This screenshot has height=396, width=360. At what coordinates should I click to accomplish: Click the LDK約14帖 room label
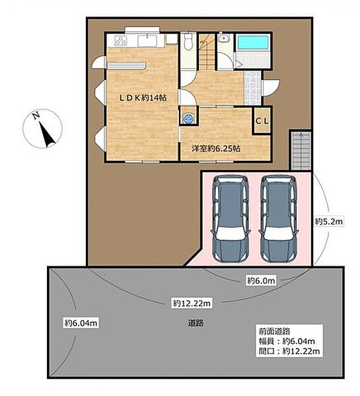coord(143,98)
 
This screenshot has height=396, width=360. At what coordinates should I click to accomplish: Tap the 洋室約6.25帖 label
coord(216,148)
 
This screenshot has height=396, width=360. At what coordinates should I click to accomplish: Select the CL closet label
coord(262,121)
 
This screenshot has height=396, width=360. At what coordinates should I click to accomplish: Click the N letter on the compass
coord(36,115)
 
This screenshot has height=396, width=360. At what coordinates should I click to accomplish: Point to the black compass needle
coord(47,135)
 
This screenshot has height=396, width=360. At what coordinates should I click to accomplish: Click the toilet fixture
coord(188,42)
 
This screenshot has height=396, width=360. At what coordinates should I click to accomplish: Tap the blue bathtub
coord(252,42)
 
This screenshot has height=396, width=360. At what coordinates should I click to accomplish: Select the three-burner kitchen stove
coord(121,41)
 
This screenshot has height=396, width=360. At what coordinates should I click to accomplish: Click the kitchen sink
coord(148,40)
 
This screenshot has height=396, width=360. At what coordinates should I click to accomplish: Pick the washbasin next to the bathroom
coord(224,38)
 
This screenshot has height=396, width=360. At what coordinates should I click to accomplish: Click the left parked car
coord(231,218)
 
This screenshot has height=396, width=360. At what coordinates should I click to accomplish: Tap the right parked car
coord(279,218)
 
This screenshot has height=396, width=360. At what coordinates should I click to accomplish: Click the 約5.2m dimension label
coord(329,222)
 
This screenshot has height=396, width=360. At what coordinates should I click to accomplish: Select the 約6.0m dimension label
coord(261,280)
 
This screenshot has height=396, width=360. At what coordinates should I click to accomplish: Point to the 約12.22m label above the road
coord(192,303)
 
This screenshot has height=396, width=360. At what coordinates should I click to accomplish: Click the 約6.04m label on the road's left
coord(81,323)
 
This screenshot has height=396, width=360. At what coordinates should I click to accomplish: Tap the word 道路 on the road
coord(196,323)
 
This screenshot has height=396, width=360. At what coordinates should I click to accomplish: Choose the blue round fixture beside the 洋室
coord(188,118)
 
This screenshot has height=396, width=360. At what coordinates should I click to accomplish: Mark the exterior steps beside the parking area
coord(301,150)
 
